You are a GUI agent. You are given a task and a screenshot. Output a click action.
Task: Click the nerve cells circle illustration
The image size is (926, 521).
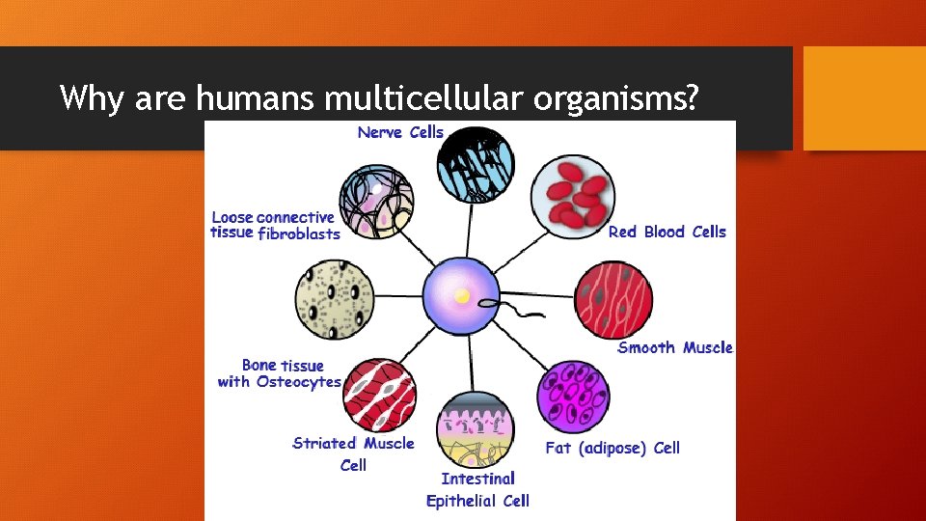point(475,165)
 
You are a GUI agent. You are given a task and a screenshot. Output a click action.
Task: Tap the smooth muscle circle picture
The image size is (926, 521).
point(613,299)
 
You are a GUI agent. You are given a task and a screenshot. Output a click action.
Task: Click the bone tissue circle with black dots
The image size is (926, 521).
point(334,299)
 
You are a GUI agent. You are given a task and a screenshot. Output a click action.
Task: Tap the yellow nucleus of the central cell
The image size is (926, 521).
point(463,296)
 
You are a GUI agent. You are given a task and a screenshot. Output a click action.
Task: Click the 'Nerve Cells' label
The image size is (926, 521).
point(400,132)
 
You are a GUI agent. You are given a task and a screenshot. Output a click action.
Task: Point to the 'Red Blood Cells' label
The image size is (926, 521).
point(667,232)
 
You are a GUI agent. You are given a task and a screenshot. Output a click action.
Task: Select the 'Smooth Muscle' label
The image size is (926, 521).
point(675,347)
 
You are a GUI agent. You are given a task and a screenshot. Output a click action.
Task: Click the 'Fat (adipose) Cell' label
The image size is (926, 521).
point(613,448)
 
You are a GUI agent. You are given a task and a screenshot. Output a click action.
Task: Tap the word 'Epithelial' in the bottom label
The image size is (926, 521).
point(462,501)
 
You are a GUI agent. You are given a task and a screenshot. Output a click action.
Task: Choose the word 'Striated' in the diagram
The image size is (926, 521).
point(325,444)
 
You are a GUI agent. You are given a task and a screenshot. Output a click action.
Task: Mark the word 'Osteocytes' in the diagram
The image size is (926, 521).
point(298,382)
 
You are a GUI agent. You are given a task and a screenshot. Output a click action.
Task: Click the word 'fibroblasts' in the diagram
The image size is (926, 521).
point(299,233)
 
